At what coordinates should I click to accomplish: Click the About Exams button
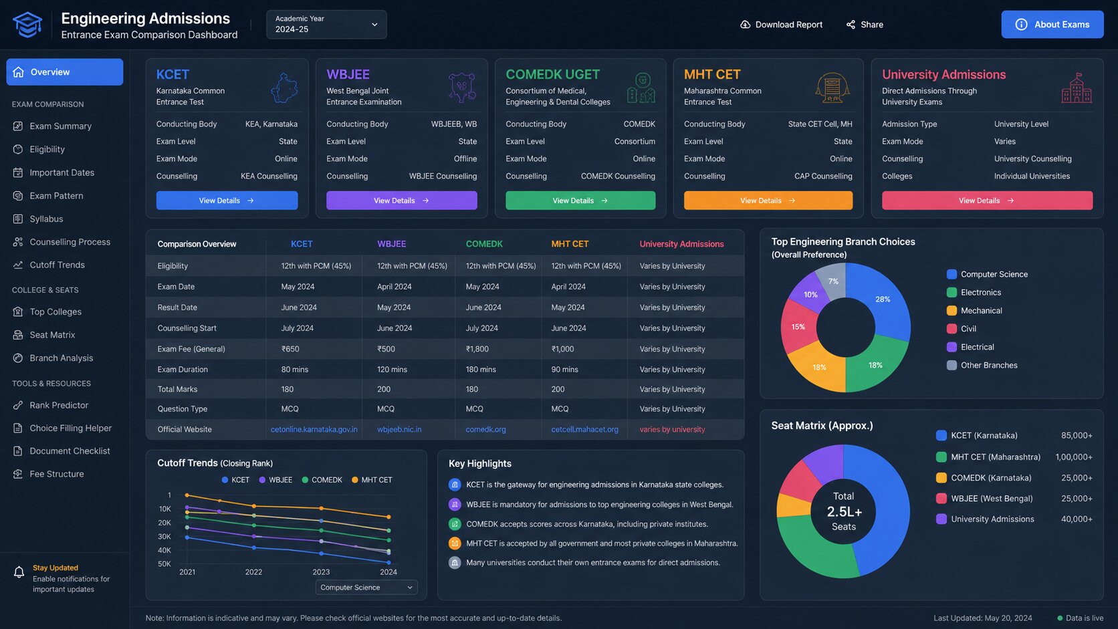1052,25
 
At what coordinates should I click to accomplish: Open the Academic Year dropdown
326,25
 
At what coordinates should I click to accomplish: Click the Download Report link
781,25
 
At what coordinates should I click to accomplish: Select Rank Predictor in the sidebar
58,405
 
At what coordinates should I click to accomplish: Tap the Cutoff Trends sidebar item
57,265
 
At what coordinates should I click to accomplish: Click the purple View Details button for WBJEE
401,201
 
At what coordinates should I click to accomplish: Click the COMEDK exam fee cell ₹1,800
477,349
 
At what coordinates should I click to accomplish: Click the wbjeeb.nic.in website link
399,429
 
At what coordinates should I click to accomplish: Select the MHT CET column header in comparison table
570,244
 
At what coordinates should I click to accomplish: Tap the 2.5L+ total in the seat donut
844,511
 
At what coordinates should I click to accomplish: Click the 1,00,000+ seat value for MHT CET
1074,457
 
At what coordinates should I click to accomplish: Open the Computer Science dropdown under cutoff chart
366,588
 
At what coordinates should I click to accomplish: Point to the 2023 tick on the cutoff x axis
320,572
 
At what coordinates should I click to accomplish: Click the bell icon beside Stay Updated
19,572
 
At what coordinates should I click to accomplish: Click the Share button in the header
865,25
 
